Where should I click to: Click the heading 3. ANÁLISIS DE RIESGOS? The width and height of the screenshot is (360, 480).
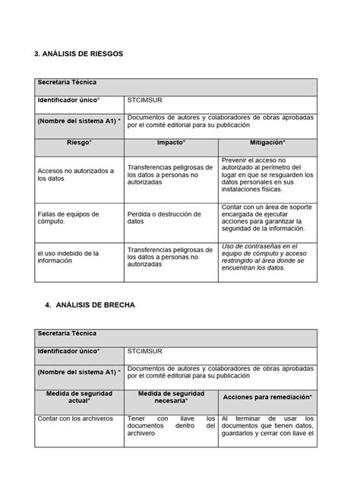[x=78, y=55]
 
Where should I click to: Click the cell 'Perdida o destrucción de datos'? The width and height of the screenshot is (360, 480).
[x=160, y=217]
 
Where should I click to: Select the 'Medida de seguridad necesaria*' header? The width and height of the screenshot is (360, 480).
[x=172, y=396]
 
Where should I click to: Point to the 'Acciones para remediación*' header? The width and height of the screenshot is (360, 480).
[x=269, y=396]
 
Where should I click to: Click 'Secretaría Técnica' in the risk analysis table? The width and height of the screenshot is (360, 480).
[x=68, y=81]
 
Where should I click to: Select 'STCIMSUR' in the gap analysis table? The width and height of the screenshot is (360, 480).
[x=146, y=351]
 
